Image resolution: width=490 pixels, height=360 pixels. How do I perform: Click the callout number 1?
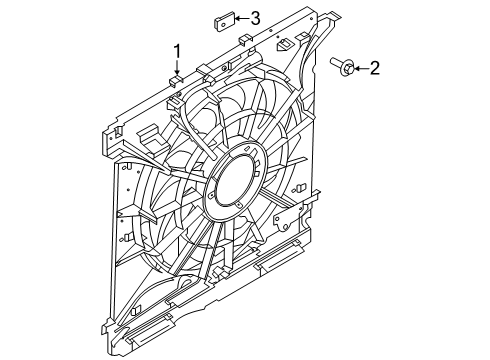point(178,51)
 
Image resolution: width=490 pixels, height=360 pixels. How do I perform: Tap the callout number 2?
point(375,68)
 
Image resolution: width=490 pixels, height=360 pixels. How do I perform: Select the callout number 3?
point(255,18)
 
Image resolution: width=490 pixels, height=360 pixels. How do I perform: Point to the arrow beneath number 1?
point(177,68)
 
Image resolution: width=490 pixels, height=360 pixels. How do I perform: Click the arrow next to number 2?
point(361,69)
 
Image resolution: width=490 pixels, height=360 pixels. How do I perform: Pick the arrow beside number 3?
point(242,18)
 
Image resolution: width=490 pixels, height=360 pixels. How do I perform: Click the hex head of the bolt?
point(347,68)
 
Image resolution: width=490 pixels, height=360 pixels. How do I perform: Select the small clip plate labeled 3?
point(224,22)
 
